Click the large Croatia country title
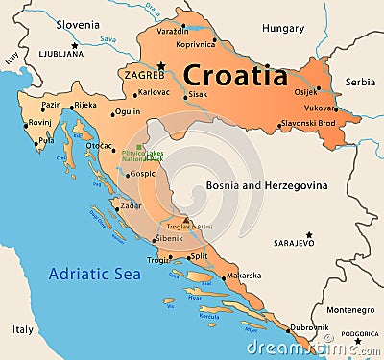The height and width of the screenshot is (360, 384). point(234,75)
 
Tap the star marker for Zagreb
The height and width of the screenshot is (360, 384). point(161,65)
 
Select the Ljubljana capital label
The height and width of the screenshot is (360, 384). point(61,55)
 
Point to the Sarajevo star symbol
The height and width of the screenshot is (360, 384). point(308,234)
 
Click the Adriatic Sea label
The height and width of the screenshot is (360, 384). point(94,273)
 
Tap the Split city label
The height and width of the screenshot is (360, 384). point(199,256)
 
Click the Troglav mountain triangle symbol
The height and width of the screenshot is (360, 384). point(186,219)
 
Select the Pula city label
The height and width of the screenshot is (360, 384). point(45,141)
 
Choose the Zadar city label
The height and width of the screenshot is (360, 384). point(132,205)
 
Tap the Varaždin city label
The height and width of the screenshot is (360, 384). point(200,31)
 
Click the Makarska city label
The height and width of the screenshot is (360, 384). point(243,276)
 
